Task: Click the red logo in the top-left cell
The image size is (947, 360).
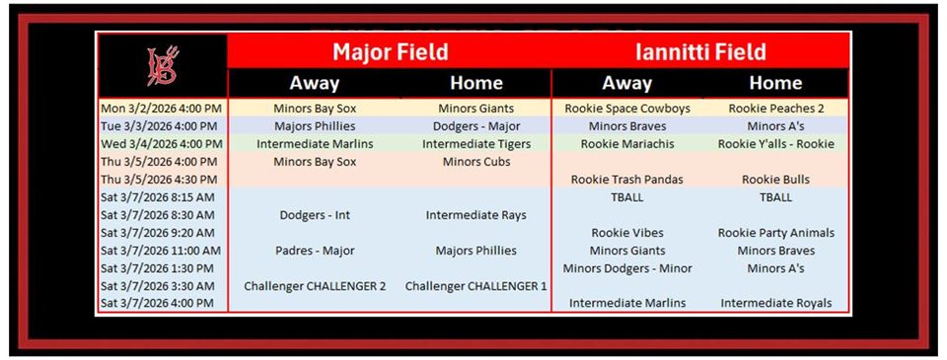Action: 163,66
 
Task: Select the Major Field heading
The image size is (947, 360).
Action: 391,52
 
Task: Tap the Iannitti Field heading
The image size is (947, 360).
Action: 700,52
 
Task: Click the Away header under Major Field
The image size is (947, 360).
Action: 314,83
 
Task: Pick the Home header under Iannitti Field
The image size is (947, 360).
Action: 775,83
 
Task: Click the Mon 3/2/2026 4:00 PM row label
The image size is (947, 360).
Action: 161,108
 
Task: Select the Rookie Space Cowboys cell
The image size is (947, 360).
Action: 627,108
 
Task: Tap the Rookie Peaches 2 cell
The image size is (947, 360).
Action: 776,108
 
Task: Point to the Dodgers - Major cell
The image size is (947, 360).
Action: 476,127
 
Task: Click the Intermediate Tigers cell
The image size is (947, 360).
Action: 476,144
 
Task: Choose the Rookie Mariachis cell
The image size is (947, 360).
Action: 627,144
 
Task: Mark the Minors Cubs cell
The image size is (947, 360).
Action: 476,162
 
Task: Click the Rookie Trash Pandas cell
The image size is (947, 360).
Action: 627,180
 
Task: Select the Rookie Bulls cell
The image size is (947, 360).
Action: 776,180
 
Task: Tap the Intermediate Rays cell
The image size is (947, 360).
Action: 475,215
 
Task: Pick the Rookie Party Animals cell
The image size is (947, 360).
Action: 776,233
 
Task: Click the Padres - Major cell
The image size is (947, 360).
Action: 315,251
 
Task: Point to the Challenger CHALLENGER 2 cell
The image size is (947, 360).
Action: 315,286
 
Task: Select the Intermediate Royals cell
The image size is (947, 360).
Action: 776,303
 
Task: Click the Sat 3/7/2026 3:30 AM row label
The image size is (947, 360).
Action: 158,286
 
